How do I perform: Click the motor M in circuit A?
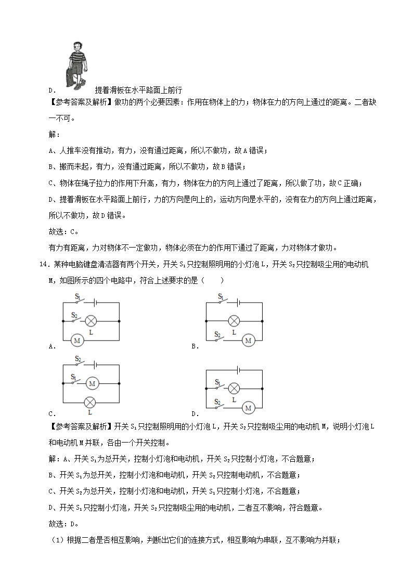click(78, 340)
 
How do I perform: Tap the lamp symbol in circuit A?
click(92, 320)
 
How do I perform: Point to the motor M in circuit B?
click(248, 340)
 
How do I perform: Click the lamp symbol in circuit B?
click(234, 321)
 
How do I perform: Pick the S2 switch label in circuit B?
click(217, 334)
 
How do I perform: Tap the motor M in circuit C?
click(92, 383)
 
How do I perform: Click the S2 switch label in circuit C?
click(78, 358)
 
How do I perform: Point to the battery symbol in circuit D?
click(238, 370)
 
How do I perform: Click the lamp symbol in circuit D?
click(234, 388)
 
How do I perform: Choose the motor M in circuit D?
click(248, 408)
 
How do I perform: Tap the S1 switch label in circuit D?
click(218, 382)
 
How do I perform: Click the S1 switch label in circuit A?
click(78, 296)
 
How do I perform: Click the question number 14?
click(43, 265)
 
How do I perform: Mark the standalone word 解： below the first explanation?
click(54, 134)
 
